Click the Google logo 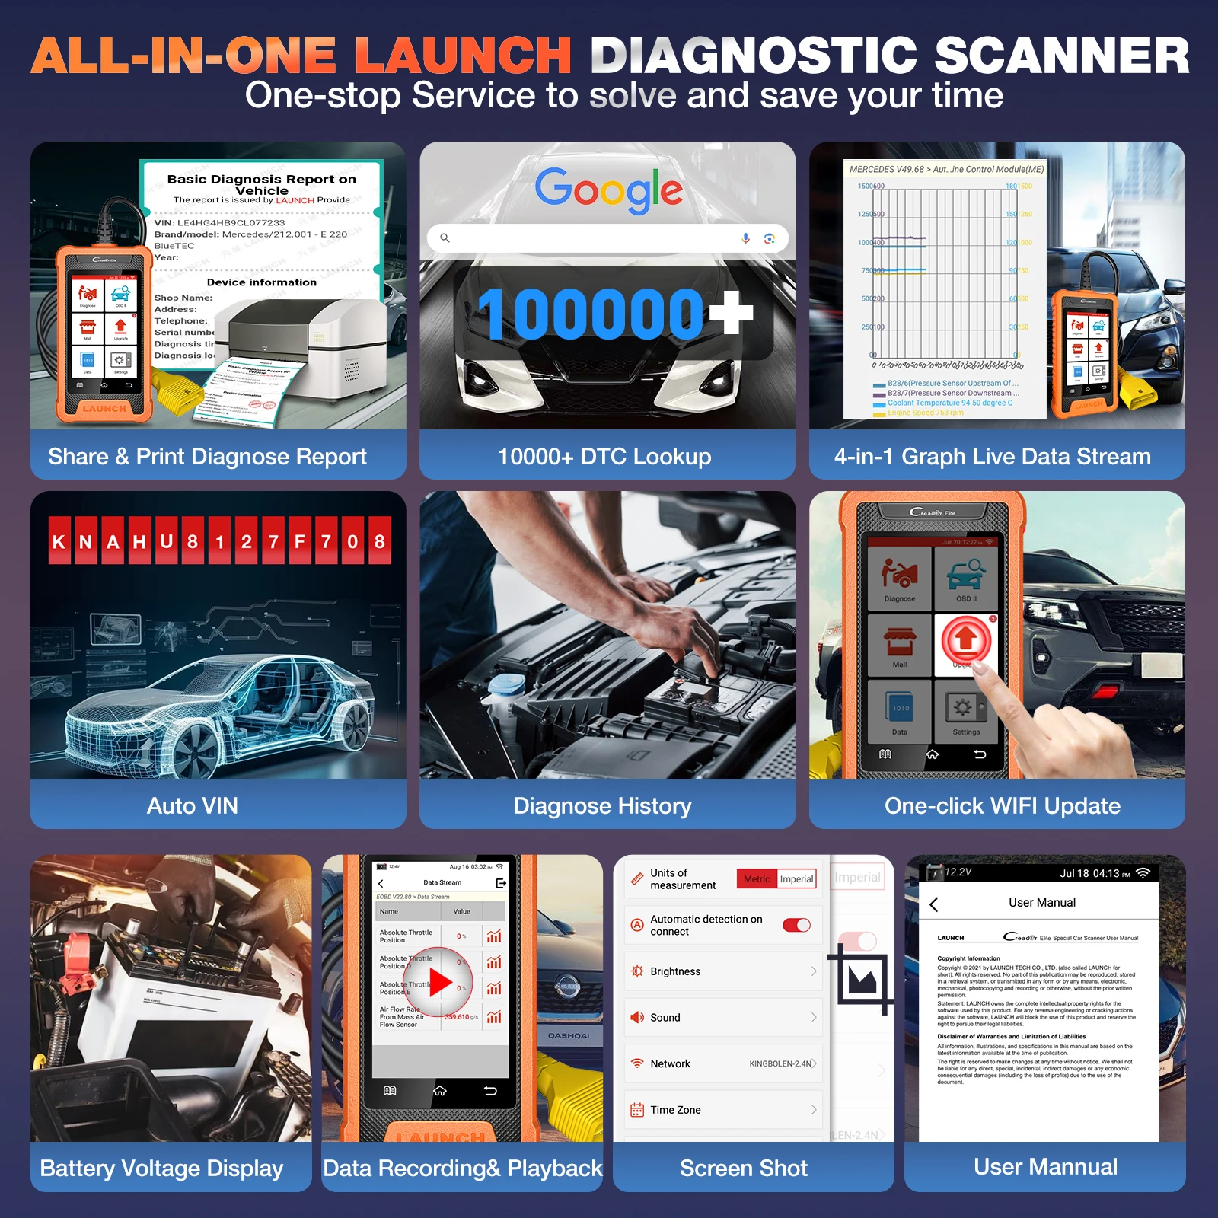[x=608, y=189]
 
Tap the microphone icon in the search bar [x=745, y=238]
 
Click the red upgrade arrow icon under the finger [x=966, y=638]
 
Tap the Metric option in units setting [x=757, y=878]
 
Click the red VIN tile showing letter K [x=59, y=541]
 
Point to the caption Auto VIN [x=193, y=805]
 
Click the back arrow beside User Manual [x=934, y=904]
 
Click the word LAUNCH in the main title [x=463, y=56]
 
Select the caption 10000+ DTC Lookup [x=604, y=456]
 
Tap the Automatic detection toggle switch [x=796, y=925]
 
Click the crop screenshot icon [x=863, y=979]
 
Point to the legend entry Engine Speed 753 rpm [x=925, y=413]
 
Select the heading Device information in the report [x=261, y=282]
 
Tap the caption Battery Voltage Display [x=161, y=1168]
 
